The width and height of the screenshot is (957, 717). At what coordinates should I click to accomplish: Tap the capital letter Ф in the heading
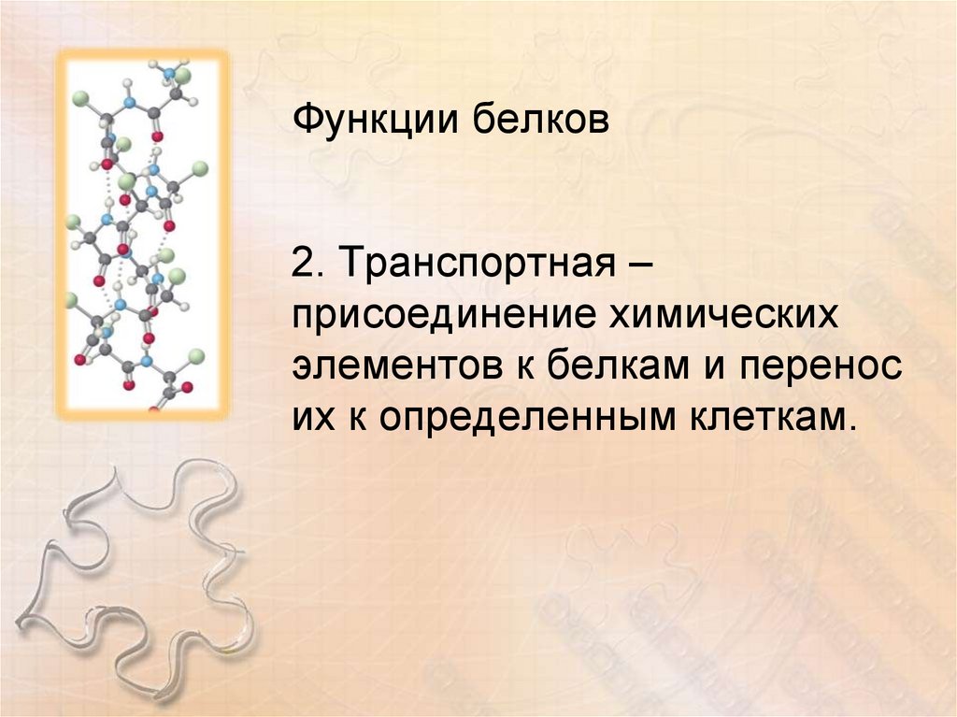(x=307, y=120)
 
